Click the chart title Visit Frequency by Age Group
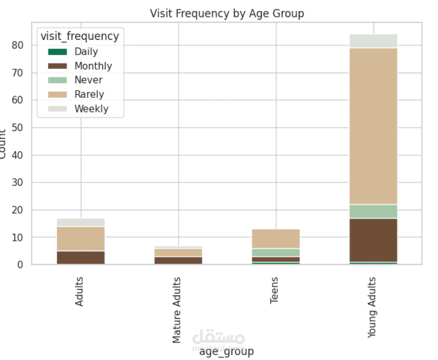[x=227, y=14]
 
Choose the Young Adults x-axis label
[x=373, y=307]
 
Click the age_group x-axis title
[x=227, y=351]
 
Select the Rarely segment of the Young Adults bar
[x=373, y=126]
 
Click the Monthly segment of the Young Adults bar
[x=373, y=240]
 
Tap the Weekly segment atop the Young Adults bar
[x=373, y=41]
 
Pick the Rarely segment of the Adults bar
[x=81, y=239]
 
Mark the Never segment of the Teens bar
[x=276, y=252]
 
